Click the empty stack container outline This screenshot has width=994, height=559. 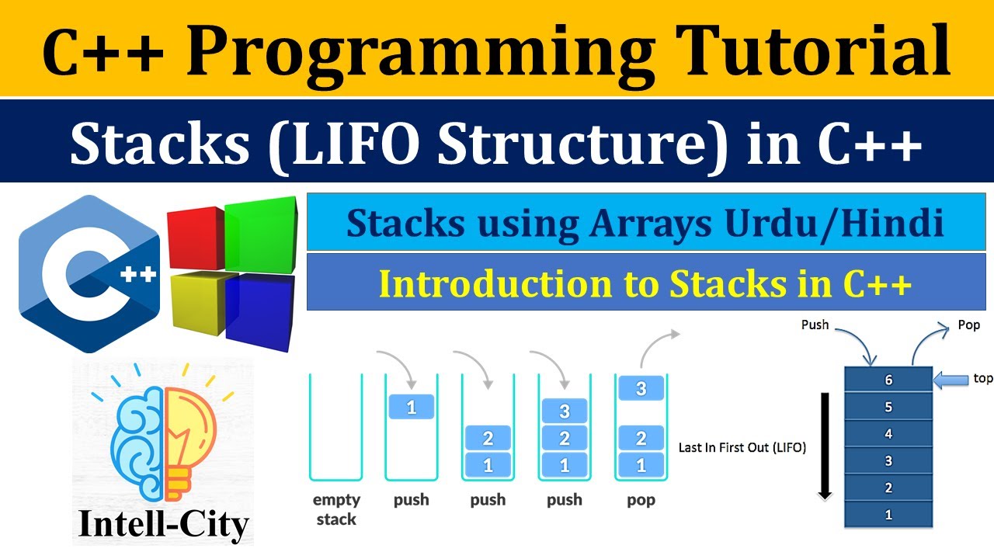(x=335, y=427)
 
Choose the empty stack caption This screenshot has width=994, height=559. (x=336, y=509)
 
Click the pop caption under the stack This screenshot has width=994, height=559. (x=641, y=500)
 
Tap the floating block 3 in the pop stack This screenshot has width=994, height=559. (x=641, y=388)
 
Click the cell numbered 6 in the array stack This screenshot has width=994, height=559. (x=888, y=380)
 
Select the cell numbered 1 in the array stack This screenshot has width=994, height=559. (x=888, y=514)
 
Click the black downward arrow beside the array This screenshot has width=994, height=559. (x=825, y=446)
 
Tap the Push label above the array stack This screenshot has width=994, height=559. (x=815, y=325)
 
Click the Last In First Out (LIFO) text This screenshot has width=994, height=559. (x=742, y=447)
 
